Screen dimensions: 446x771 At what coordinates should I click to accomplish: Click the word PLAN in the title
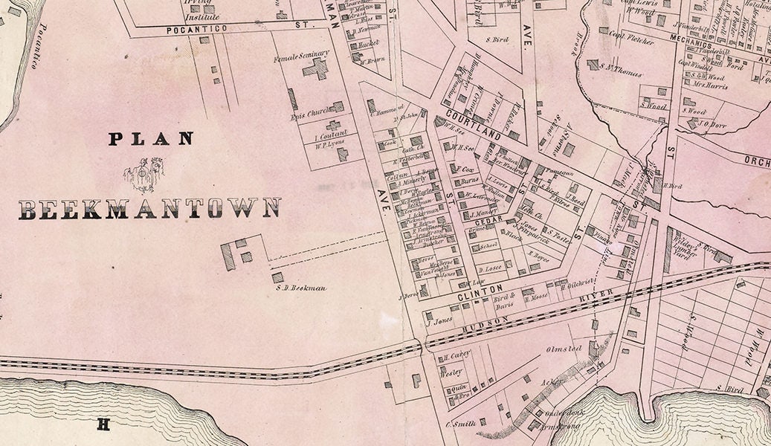coord(151,138)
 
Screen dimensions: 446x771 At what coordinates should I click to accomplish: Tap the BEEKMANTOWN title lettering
coord(149,209)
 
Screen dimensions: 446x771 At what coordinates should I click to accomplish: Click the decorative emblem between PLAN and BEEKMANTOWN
coord(143,173)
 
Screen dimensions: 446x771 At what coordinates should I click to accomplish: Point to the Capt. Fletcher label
coord(631,42)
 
